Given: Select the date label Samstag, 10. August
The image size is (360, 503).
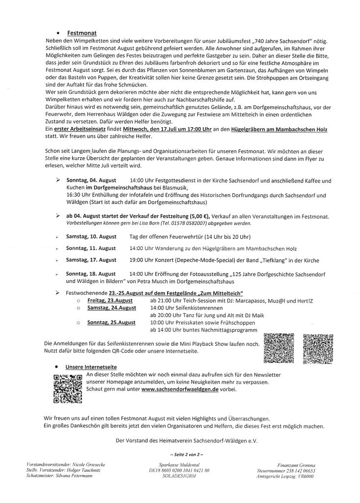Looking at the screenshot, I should (91, 237).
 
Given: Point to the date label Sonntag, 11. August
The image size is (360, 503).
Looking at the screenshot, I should (91, 248).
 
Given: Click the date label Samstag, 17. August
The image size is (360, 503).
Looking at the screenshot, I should (91, 260).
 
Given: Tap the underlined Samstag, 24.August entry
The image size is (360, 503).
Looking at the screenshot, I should (112, 307).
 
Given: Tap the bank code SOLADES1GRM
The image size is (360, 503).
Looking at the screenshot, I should (182, 476).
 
